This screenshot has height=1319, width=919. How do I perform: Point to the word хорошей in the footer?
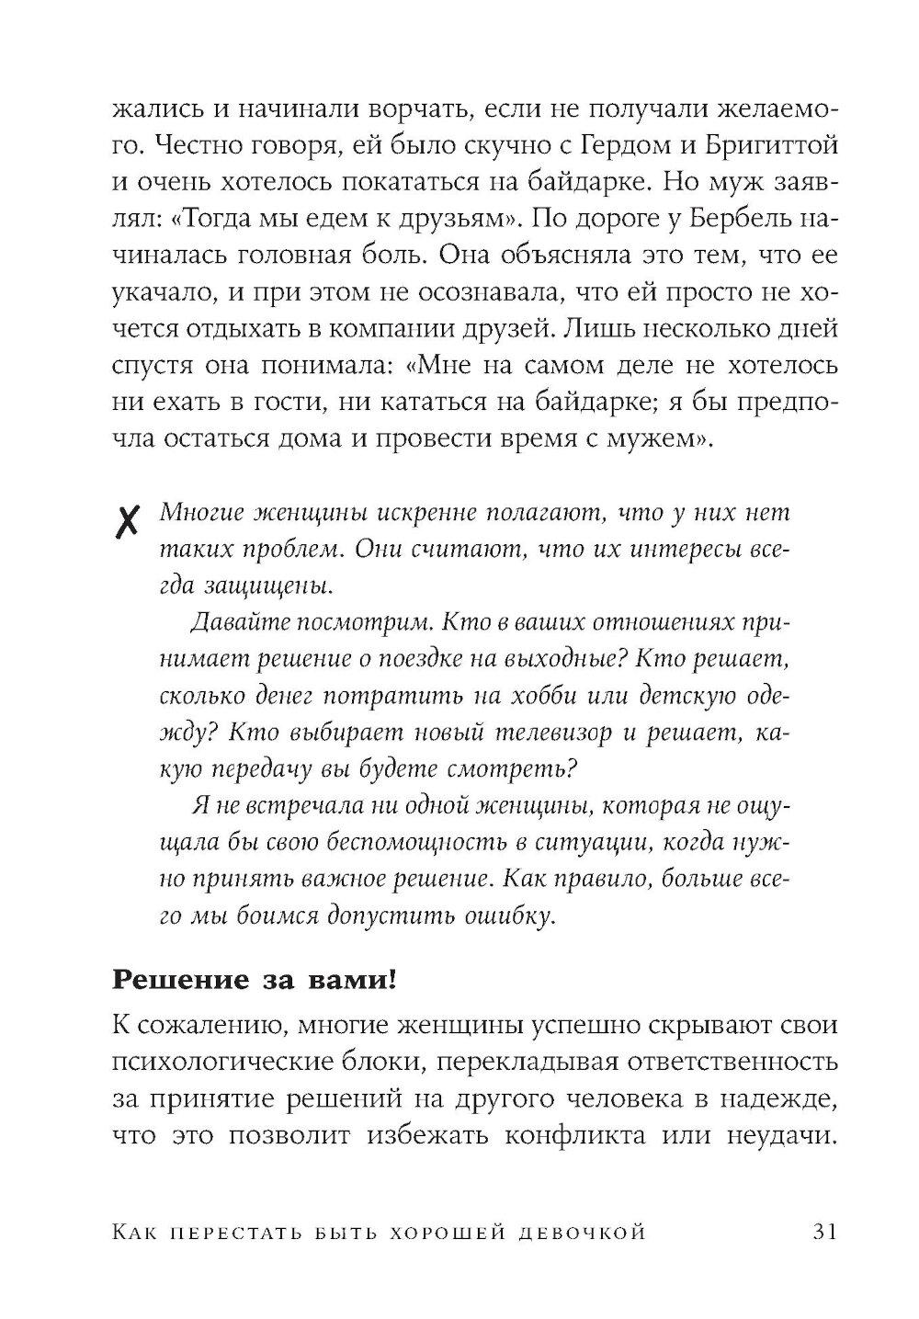(432, 1233)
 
